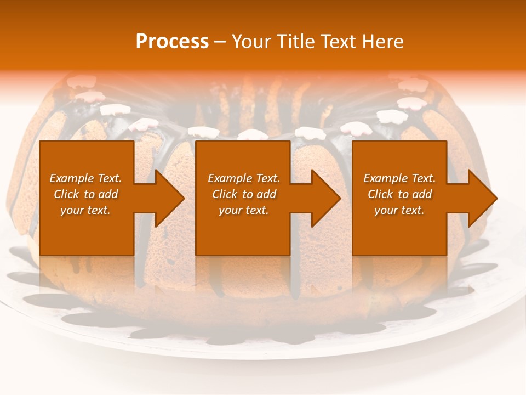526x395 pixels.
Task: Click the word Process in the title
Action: pyautogui.click(x=172, y=42)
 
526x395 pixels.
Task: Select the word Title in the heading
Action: pyautogui.click(x=296, y=42)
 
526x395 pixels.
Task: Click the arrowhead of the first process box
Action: pyautogui.click(x=169, y=198)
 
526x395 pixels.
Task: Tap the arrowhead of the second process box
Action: pyautogui.click(x=325, y=198)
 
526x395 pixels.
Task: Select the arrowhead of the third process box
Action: pyautogui.click(x=482, y=198)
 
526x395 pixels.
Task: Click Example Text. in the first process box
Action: pyautogui.click(x=85, y=178)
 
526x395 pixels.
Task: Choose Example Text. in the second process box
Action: pyautogui.click(x=243, y=178)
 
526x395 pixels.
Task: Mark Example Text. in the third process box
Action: pyautogui.click(x=399, y=178)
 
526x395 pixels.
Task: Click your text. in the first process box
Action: pyautogui.click(x=85, y=210)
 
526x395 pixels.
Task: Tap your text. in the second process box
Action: pyautogui.click(x=243, y=210)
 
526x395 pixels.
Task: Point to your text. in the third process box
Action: pyautogui.click(x=399, y=210)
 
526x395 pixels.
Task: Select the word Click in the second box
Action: pyautogui.click(x=225, y=194)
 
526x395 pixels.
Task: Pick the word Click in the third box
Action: pyautogui.click(x=380, y=194)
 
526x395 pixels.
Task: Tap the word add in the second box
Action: pyautogui.click(x=266, y=194)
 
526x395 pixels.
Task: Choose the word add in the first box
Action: pyautogui.click(x=108, y=194)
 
